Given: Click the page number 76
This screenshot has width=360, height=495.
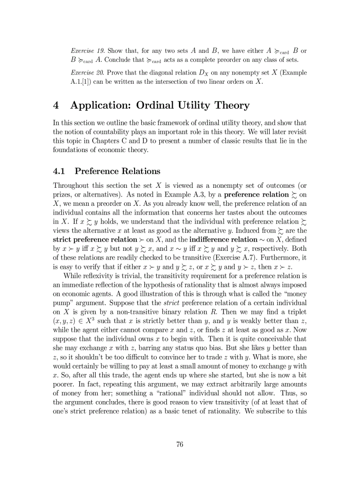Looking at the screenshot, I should (x=180, y=444).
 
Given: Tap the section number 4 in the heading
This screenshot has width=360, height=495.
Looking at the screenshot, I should (x=56, y=106).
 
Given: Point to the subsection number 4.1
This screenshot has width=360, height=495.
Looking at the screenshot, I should (x=60, y=171).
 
